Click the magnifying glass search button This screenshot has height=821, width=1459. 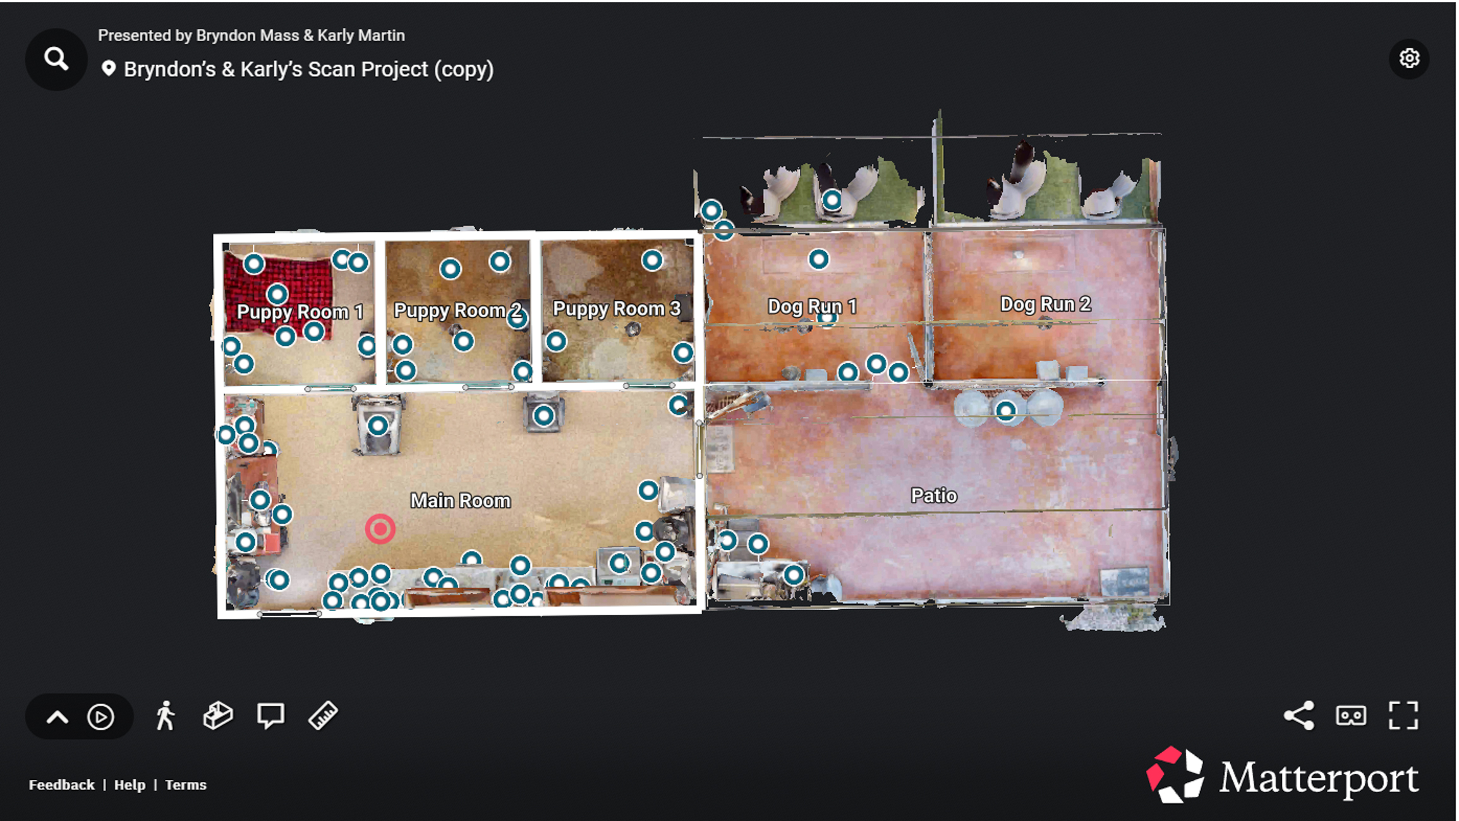56,59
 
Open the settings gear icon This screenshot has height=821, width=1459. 1408,59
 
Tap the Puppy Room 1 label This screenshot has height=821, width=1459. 300,312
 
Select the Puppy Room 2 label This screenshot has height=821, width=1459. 457,310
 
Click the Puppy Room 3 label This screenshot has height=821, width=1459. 616,308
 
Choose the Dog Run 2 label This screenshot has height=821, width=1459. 1045,304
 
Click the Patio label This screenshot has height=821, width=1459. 933,496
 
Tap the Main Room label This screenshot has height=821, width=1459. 460,501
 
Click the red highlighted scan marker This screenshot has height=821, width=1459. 380,529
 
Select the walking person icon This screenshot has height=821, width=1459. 166,716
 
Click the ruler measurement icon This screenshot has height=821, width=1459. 323,716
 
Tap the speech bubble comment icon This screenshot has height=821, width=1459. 270,716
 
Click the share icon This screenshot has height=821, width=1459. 1299,716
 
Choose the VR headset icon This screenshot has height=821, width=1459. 1351,716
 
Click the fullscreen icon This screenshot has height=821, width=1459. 1403,716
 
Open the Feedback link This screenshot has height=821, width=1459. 61,785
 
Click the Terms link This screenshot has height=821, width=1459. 186,785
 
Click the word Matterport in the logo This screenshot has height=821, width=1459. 1318,778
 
